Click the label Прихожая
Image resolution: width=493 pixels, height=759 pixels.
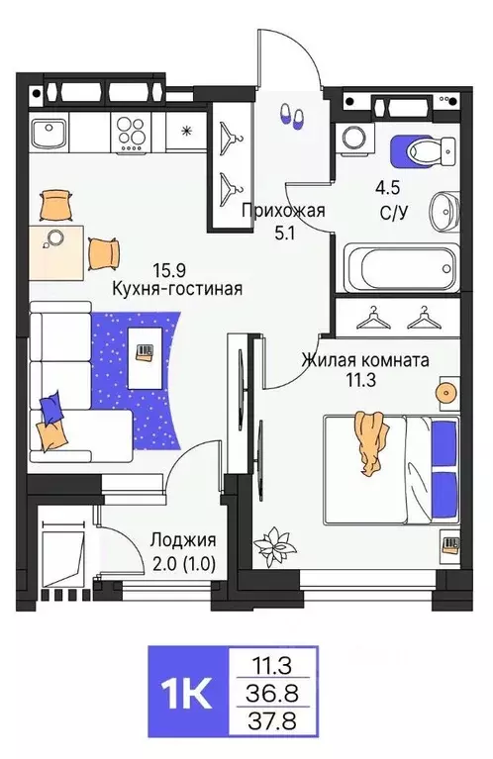[284, 210]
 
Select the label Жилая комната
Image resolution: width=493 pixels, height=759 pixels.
[365, 361]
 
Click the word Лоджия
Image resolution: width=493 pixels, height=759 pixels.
[183, 539]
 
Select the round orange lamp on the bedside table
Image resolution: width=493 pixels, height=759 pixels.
[445, 393]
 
